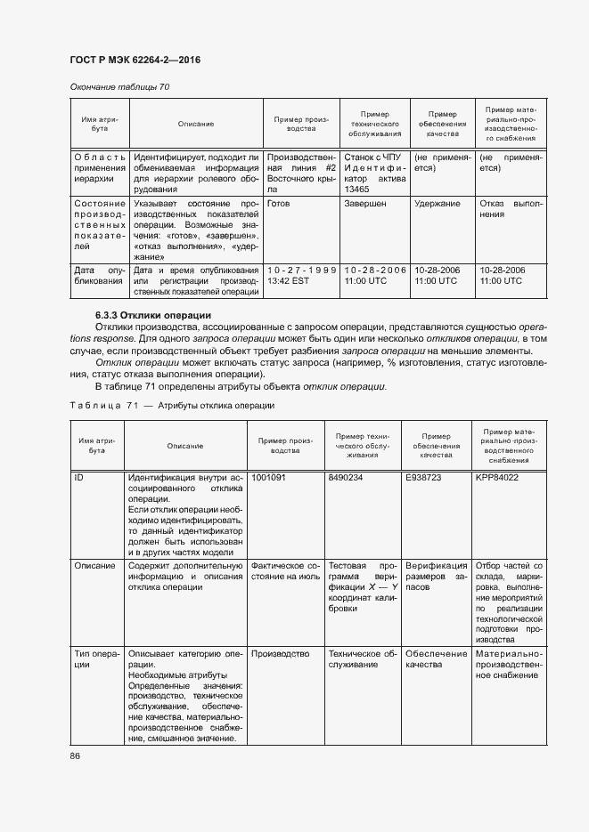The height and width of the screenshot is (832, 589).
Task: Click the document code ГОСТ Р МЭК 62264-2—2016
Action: click(x=134, y=60)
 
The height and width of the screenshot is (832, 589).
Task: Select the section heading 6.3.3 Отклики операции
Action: click(x=152, y=315)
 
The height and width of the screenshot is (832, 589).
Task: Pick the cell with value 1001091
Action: click(x=269, y=477)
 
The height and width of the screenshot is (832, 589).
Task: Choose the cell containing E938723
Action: click(x=423, y=477)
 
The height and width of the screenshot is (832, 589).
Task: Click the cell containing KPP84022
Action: click(x=497, y=477)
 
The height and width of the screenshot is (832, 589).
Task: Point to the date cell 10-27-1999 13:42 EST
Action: click(x=301, y=275)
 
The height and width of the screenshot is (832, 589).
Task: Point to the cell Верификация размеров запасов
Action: click(x=436, y=577)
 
